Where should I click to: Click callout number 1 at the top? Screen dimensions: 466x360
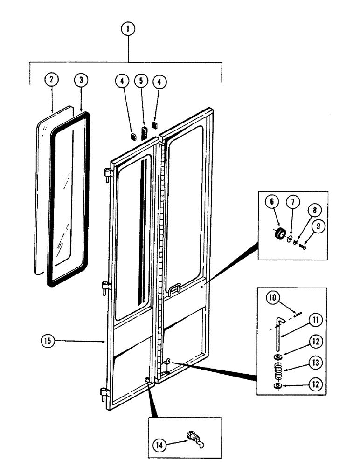[129, 29]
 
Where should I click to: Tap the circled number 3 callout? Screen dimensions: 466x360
[81, 80]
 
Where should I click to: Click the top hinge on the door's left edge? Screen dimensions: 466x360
[107, 175]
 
